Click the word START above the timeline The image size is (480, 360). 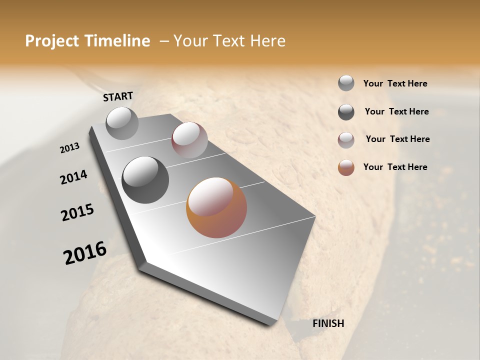point(118,96)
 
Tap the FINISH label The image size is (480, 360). point(328,323)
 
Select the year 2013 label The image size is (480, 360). point(69,148)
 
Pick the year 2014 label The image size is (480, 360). point(73,177)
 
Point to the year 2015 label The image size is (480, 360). point(77,212)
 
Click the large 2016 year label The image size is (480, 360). point(85,253)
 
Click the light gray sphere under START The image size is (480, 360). point(122,123)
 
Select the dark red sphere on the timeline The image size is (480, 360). point(189,140)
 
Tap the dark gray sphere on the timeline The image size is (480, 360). point(145,179)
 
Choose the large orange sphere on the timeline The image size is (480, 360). point(216,207)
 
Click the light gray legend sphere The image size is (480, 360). point(346,83)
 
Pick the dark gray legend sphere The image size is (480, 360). point(346,112)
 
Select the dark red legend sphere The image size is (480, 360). point(346,140)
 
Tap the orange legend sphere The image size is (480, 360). point(346,167)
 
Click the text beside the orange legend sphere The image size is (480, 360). point(395,167)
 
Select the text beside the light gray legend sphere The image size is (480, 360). point(395,83)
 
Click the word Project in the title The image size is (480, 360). point(51,41)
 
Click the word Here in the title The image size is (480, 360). point(267,41)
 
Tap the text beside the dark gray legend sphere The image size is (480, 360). point(396,111)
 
